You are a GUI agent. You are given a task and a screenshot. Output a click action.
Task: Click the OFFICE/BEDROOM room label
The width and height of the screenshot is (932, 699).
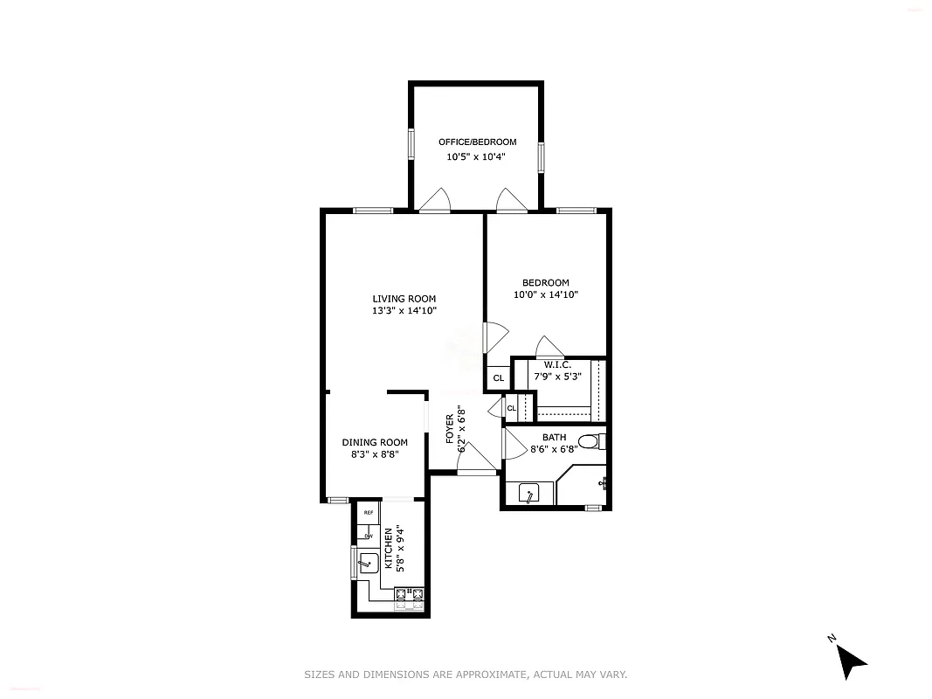(477, 142)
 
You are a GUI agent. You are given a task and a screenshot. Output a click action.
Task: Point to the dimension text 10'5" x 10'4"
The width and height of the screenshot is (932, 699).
(476, 157)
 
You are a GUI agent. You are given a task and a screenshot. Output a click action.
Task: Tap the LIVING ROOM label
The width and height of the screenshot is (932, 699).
(404, 299)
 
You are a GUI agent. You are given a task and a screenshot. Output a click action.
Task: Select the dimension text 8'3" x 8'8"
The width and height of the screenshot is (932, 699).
(374, 454)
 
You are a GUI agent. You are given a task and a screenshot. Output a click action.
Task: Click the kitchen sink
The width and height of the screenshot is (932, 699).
(368, 563)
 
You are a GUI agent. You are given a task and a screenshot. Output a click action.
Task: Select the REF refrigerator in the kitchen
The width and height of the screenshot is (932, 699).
(369, 513)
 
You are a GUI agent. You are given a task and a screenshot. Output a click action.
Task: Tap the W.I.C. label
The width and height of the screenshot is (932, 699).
(557, 364)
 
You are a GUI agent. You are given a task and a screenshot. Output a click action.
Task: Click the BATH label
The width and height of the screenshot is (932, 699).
(554, 438)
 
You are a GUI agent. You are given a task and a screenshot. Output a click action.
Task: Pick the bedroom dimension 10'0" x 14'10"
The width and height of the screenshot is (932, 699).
(546, 295)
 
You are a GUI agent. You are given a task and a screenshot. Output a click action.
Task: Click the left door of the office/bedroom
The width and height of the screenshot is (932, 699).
(433, 202)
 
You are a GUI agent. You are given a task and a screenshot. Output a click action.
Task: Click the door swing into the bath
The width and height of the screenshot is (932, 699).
(514, 443)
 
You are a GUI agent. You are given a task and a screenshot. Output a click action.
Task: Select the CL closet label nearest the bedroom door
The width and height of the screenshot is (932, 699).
(498, 378)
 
